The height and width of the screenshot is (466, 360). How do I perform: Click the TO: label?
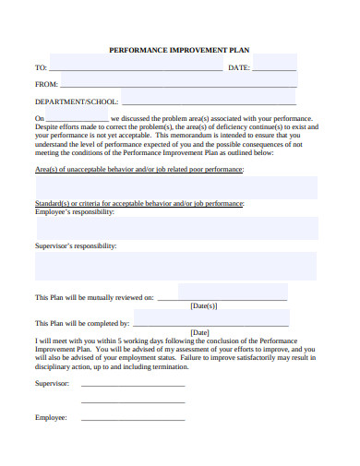41,68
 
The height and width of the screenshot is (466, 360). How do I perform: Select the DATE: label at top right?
238,68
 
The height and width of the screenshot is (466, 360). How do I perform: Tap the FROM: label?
46,85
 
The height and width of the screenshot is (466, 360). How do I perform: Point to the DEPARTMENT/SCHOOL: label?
77,102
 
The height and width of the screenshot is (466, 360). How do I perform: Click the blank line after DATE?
274,70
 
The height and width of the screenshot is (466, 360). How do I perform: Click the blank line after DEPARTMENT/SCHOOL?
209,103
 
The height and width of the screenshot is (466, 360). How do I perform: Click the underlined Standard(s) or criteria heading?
139,203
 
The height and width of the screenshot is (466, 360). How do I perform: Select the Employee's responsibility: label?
75,212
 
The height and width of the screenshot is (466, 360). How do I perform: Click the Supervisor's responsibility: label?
76,246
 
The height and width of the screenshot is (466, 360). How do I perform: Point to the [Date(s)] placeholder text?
203,305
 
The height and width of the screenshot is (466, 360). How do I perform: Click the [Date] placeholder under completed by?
199,332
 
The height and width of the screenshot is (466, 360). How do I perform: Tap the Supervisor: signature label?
52,382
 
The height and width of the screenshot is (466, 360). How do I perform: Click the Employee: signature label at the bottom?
51,418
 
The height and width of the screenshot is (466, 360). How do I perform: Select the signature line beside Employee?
133,420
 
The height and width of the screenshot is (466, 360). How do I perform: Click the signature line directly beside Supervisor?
133,384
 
